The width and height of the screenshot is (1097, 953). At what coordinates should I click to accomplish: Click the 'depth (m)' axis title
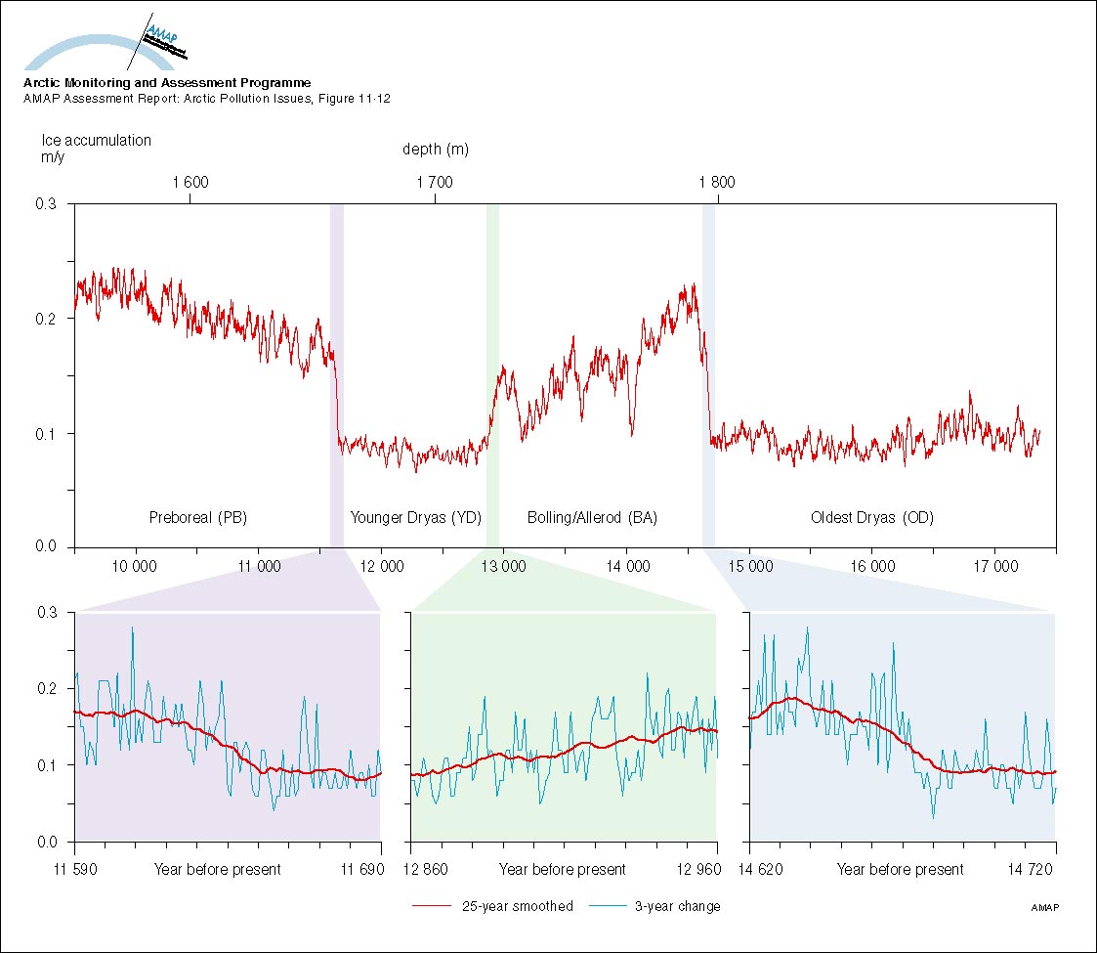(436, 150)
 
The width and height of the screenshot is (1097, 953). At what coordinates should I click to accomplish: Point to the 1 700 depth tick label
(435, 182)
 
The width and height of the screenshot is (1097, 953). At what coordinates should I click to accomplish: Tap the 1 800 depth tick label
(717, 182)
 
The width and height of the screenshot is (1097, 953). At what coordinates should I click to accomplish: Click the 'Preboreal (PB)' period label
(197, 518)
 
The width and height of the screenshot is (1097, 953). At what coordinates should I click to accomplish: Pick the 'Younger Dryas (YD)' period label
(416, 518)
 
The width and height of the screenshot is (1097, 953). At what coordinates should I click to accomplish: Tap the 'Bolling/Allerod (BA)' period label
(592, 518)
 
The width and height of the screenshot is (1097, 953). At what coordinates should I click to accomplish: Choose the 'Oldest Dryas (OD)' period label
(872, 518)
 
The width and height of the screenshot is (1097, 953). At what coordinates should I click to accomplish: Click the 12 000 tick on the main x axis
(380, 566)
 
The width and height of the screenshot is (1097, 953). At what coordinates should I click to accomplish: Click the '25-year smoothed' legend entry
(518, 906)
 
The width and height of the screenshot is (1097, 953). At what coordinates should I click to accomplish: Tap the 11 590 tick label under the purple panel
(75, 869)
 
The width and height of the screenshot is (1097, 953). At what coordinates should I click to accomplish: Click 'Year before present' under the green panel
(563, 869)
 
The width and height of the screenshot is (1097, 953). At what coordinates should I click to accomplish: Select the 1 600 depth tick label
(190, 182)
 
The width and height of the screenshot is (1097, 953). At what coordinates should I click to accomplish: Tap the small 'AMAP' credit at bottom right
(1045, 908)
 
